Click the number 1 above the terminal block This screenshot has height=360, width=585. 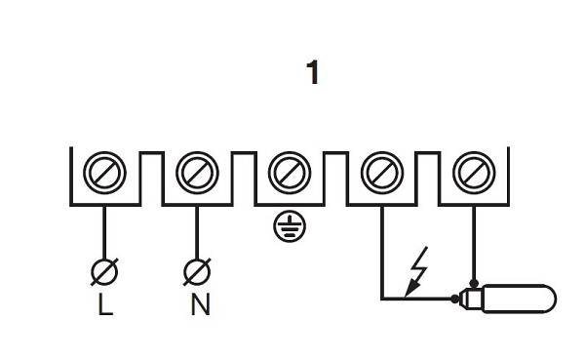(313, 72)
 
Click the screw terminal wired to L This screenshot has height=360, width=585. (104, 173)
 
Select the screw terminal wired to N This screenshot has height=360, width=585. (197, 173)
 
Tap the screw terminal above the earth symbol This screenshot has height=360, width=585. (290, 173)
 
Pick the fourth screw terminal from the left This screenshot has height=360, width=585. (382, 173)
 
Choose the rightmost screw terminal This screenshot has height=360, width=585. (474, 173)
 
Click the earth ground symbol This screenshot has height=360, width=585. (290, 226)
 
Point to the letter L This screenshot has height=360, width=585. (105, 304)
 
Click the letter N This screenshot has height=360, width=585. (200, 304)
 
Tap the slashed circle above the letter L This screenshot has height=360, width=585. (104, 272)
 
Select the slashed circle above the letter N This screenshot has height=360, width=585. (197, 272)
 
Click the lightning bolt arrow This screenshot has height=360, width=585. (416, 271)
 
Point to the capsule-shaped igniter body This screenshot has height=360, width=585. (519, 299)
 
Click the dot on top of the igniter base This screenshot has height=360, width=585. (474, 283)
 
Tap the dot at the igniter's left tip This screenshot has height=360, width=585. (454, 299)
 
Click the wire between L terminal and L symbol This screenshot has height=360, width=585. (104, 232)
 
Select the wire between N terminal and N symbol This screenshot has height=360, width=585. (197, 232)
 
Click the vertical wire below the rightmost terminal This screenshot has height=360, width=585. (474, 243)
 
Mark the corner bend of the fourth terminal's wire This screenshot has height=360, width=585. (382, 299)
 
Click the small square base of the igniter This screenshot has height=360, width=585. (471, 299)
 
